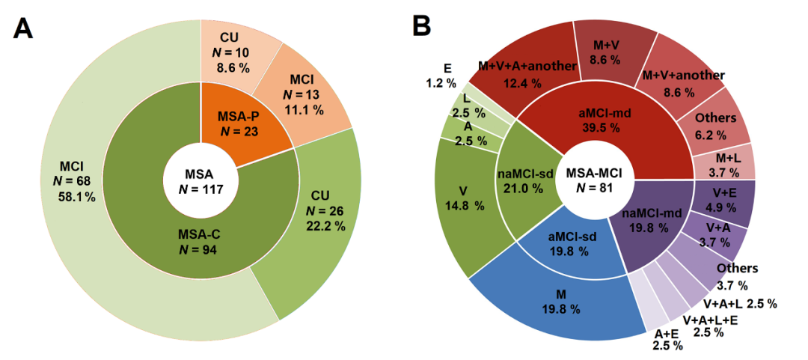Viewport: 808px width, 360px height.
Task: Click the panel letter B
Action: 421,27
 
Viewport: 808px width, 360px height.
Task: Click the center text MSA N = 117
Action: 200,180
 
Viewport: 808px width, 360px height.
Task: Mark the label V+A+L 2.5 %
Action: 739,304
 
